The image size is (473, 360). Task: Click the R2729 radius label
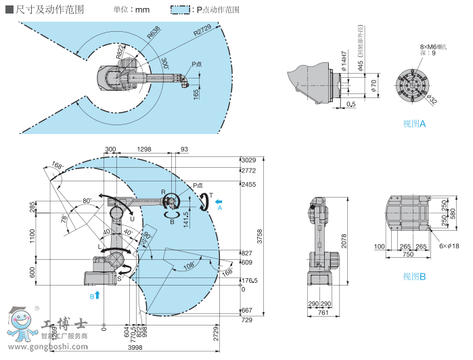coord(202,32)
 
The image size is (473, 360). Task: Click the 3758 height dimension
coord(260,236)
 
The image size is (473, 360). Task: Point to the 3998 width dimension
coord(134,348)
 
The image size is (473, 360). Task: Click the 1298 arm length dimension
coord(144,149)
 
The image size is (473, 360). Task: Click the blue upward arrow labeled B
coord(97,295)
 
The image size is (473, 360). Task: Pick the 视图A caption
coord(414,124)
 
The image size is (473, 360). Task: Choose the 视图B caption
coord(414,276)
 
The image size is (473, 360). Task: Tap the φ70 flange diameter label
coord(374,85)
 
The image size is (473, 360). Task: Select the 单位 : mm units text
coord(131,10)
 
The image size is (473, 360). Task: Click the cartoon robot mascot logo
coord(21,323)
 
